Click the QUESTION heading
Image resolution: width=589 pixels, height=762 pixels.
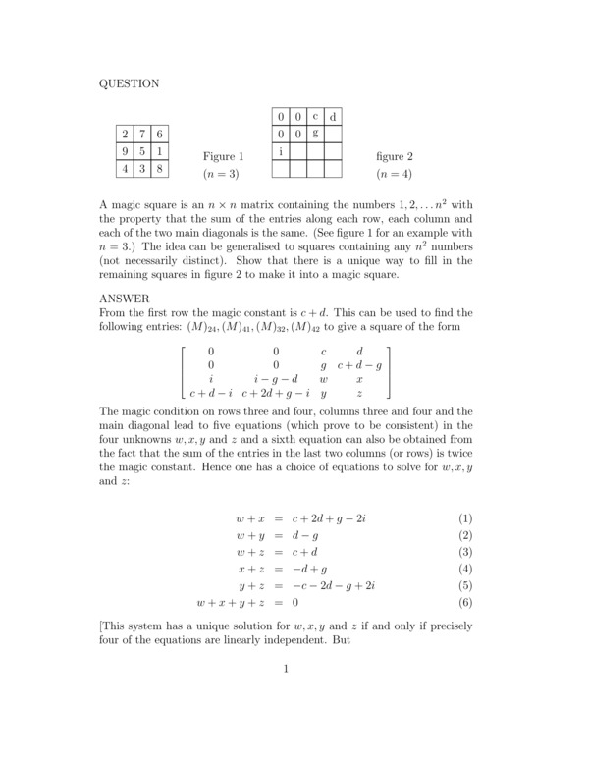(x=130, y=84)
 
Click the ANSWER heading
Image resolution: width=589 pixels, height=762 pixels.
(x=125, y=298)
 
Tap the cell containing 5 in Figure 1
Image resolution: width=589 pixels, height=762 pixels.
(x=143, y=151)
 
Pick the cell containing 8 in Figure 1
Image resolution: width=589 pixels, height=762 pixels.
(x=161, y=168)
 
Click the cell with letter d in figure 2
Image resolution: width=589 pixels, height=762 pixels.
(x=333, y=118)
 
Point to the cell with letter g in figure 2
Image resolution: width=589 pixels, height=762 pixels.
(x=315, y=134)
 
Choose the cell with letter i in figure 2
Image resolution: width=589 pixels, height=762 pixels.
(x=281, y=151)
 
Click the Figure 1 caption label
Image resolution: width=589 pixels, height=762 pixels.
(x=223, y=156)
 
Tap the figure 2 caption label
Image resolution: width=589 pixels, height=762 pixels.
(x=395, y=156)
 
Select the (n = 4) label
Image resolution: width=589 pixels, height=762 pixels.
(x=395, y=174)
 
